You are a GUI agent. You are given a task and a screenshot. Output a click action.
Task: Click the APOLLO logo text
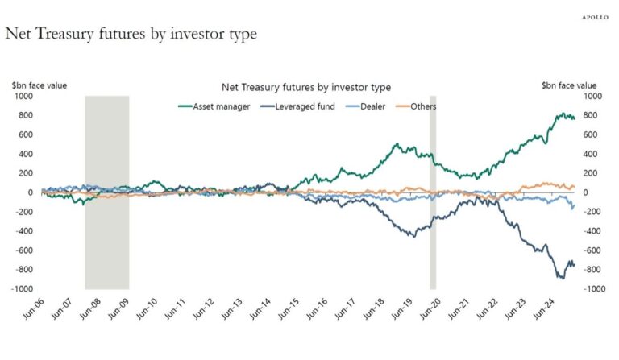[595, 16]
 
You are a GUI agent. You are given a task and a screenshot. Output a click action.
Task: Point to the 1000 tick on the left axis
[21, 97]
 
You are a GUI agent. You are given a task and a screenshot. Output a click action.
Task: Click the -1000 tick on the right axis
[591, 289]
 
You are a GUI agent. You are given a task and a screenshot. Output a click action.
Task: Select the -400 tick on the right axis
[589, 231]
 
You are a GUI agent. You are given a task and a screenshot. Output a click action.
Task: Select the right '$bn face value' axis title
[570, 85]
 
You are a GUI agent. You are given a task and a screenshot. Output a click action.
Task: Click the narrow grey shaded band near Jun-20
[433, 192]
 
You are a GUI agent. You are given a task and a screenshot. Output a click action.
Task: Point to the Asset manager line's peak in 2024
[561, 114]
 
